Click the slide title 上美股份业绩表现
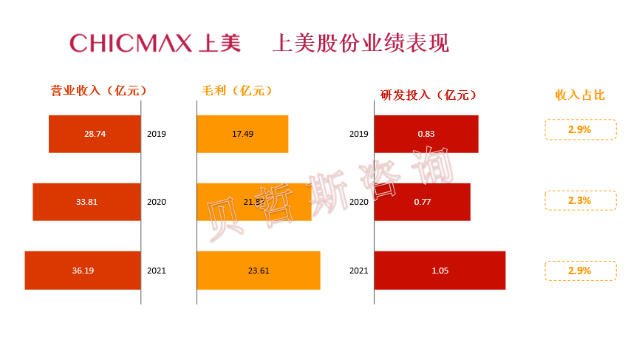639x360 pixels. (360, 43)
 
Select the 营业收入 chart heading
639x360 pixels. (98, 91)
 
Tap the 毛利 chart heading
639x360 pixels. (237, 91)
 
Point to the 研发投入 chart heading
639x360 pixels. (428, 95)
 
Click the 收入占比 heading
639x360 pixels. (580, 95)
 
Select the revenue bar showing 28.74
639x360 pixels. (95, 134)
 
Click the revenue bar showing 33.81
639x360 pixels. (86, 202)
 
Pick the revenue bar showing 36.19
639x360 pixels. (83, 271)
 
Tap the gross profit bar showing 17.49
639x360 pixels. (242, 134)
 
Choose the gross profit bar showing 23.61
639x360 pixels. (258, 271)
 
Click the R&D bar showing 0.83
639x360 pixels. (426, 134)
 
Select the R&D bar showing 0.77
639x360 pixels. (422, 202)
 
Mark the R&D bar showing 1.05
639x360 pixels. (440, 271)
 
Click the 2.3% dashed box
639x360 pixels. (580, 200)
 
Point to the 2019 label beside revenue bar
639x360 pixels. (157, 134)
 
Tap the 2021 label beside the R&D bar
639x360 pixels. (359, 271)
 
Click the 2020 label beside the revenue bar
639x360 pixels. (157, 202)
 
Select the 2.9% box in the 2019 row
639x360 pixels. (580, 129)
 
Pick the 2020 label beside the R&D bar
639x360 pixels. (359, 202)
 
